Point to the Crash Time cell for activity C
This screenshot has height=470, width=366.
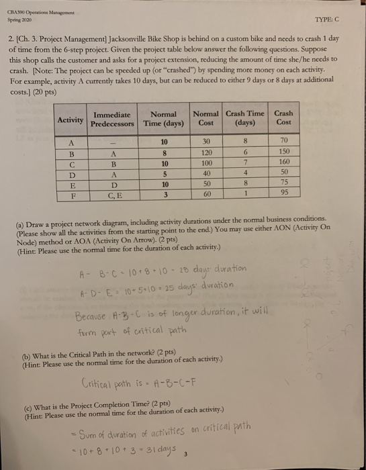click(x=246, y=164)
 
